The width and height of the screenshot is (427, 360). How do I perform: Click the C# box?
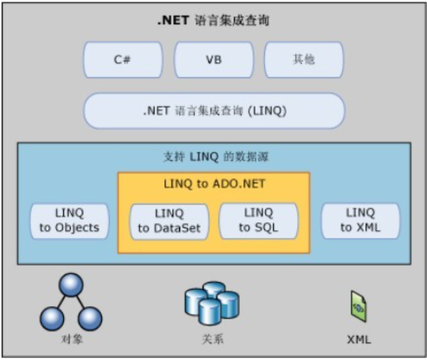point(122,59)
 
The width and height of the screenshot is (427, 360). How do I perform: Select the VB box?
point(213,59)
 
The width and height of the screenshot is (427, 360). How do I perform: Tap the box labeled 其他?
point(304,59)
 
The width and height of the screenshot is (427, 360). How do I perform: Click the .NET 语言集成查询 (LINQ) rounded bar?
point(213,110)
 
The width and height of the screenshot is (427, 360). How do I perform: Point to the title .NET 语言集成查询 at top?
point(213,21)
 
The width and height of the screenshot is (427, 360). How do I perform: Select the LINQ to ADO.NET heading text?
point(214,184)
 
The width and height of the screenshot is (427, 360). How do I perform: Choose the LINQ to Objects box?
point(69,220)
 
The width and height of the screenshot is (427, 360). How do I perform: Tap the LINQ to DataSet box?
point(169,220)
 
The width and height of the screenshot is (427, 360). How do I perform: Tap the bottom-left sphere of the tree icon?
point(51,318)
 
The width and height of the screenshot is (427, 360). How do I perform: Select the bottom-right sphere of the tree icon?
point(90,318)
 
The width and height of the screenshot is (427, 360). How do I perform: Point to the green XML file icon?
point(357,305)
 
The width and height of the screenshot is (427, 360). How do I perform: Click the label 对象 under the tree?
point(71,340)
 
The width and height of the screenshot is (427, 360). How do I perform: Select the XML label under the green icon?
point(357,340)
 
